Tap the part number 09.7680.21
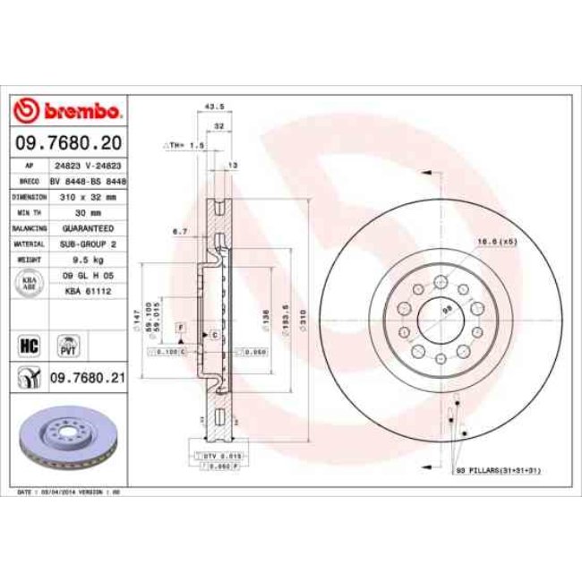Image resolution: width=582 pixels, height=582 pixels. pyautogui.click(x=86, y=379)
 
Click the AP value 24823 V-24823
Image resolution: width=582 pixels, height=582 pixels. pyautogui.click(x=87, y=167)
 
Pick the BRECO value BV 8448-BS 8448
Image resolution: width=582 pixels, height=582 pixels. pyautogui.click(x=88, y=180)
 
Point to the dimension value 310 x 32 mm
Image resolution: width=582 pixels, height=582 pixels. pyautogui.click(x=87, y=196)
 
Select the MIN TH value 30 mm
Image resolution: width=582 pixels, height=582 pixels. pyautogui.click(x=87, y=212)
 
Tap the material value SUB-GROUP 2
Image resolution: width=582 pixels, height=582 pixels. pyautogui.click(x=87, y=243)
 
